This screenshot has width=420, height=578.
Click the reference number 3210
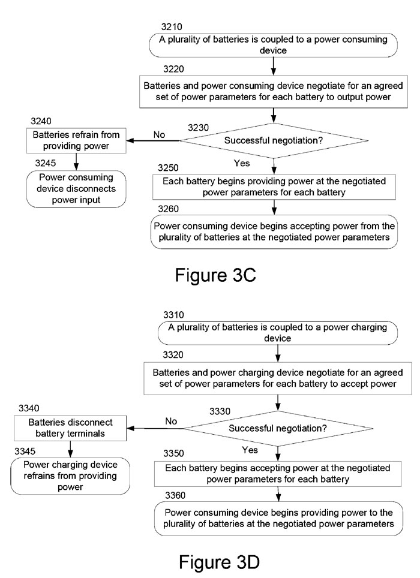pyautogui.click(x=172, y=26)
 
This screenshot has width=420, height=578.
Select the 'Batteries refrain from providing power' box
pyautogui.click(x=76, y=140)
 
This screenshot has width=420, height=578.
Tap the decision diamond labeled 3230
pyautogui.click(x=274, y=140)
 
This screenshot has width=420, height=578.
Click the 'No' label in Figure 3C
pyautogui.click(x=159, y=134)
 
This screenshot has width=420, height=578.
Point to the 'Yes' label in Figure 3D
pyautogui.click(x=250, y=450)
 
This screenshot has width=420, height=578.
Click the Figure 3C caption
pyautogui.click(x=215, y=275)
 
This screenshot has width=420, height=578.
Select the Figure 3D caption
pyautogui.click(x=220, y=562)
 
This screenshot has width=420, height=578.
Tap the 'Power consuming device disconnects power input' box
pyautogui.click(x=76, y=189)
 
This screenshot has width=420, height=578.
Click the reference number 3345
pyautogui.click(x=25, y=451)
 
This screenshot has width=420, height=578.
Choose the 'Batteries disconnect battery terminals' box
pyautogui.click(x=70, y=428)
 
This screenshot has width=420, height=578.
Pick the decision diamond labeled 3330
pyautogui.click(x=278, y=428)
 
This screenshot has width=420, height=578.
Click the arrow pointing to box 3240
pyautogui.click(x=152, y=140)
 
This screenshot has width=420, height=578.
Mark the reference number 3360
pyautogui.click(x=175, y=495)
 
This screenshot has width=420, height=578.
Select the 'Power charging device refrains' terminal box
pyautogui.click(x=70, y=476)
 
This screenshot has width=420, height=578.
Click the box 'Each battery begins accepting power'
pyautogui.click(x=278, y=474)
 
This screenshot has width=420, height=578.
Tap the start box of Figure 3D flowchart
pyautogui.click(x=278, y=333)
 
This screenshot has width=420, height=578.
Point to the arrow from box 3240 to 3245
pyautogui.click(x=76, y=161)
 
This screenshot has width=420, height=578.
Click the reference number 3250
pyautogui.click(x=168, y=168)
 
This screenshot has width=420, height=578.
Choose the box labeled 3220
pyautogui.click(x=274, y=91)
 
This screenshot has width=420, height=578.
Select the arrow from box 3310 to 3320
pyautogui.click(x=278, y=353)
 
